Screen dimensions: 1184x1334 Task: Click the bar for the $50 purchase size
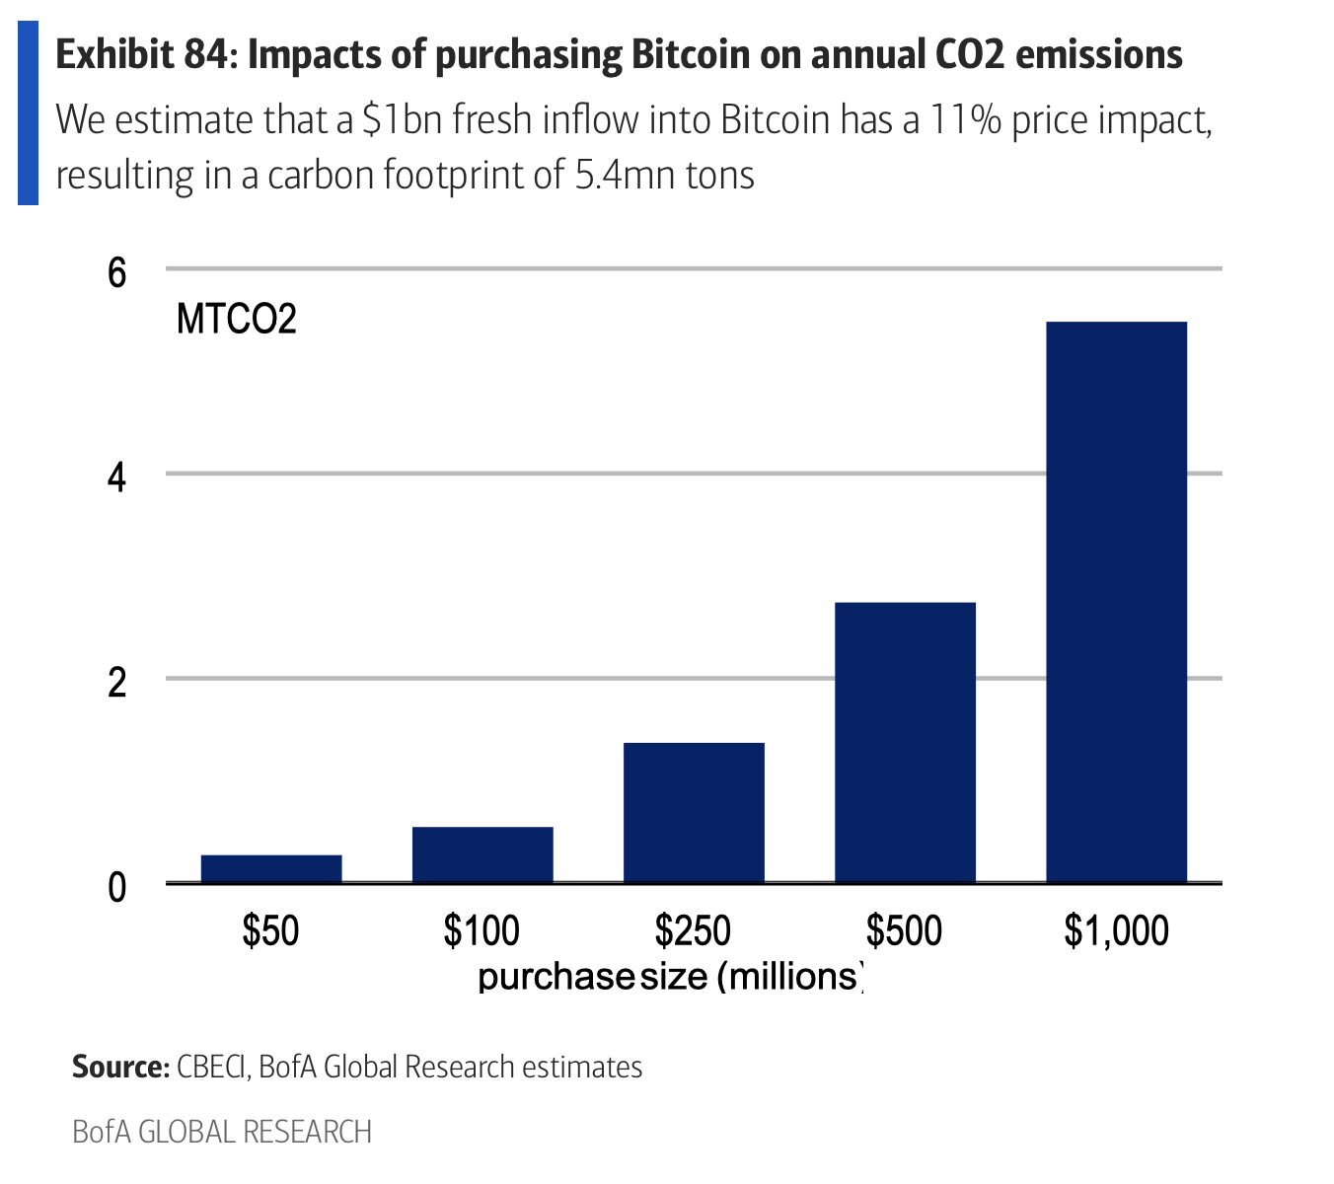[271, 868]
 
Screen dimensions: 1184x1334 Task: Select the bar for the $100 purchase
[482, 854]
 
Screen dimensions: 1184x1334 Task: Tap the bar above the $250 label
[694, 812]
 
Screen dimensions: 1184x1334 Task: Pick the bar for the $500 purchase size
[905, 742]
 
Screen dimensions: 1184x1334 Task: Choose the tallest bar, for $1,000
[1116, 602]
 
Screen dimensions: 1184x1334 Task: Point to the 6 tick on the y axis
[117, 271]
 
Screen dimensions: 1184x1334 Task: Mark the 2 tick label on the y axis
[117, 682]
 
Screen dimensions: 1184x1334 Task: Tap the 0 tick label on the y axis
[117, 887]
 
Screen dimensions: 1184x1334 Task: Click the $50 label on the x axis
[271, 930]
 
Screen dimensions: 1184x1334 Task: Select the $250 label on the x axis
[694, 930]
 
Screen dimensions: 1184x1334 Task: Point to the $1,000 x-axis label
[1116, 930]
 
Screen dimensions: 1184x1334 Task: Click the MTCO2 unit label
[237, 320]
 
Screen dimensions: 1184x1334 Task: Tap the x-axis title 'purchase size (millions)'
[671, 976]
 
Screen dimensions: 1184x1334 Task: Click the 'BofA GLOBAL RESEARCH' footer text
[222, 1131]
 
